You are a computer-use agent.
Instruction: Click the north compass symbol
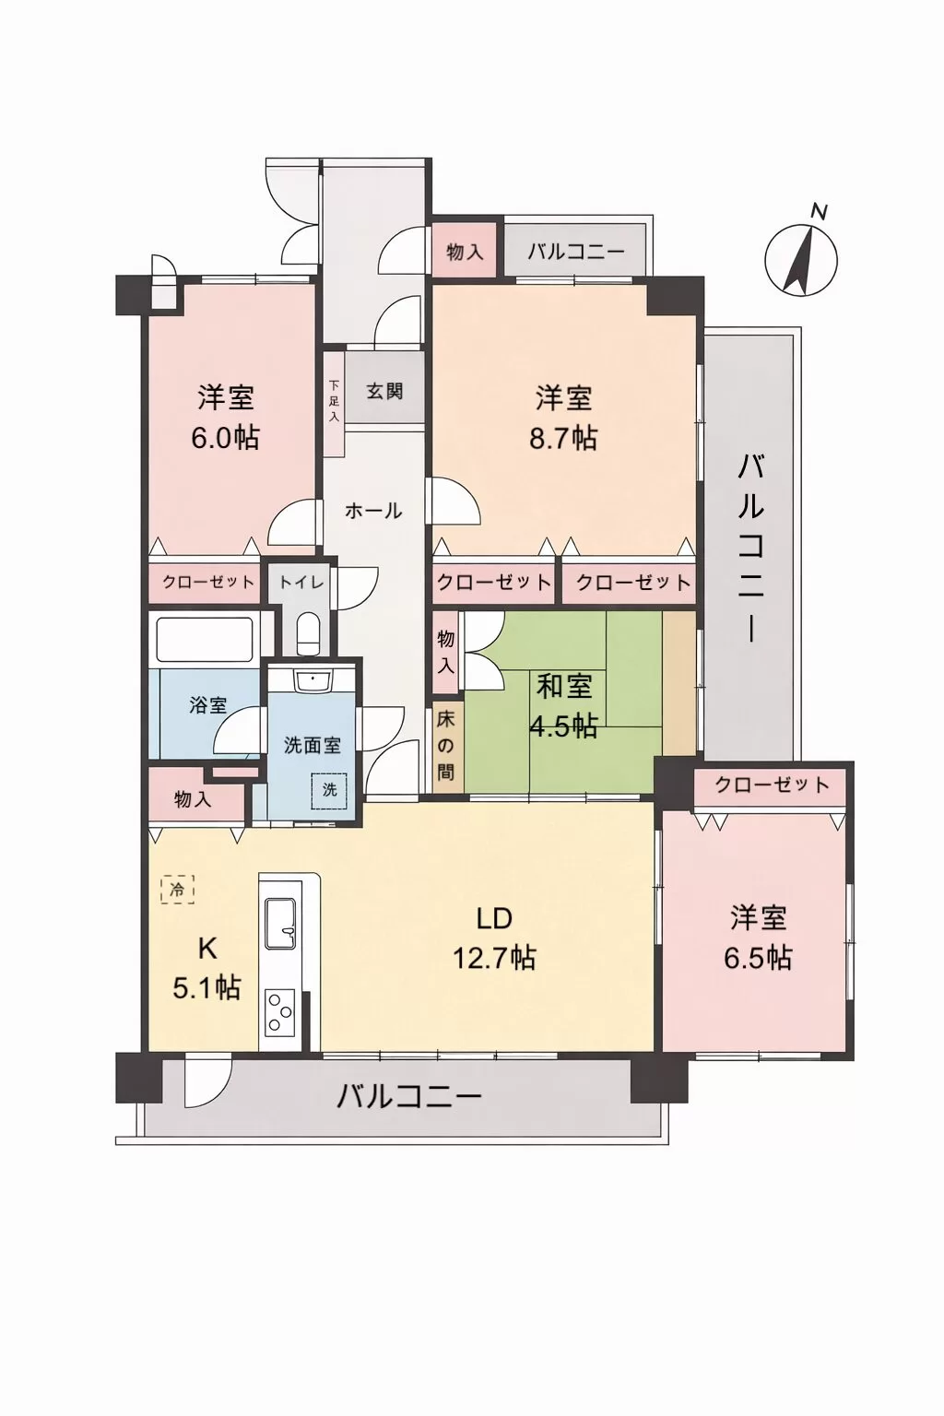coord(801,258)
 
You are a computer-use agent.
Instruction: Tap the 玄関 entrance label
coord(384,391)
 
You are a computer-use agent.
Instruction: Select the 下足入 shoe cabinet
coord(334,403)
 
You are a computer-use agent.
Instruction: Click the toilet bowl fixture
coord(308,634)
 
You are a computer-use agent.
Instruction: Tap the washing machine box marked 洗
coord(329,790)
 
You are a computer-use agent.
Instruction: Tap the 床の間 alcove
coord(446,747)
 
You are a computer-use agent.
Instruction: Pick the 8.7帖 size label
coord(562,438)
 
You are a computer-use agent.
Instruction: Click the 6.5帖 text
coord(758,959)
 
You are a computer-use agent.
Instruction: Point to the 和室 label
coord(564,687)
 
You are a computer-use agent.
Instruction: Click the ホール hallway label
coord(373,511)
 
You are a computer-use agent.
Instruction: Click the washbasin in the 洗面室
coord(311,682)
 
